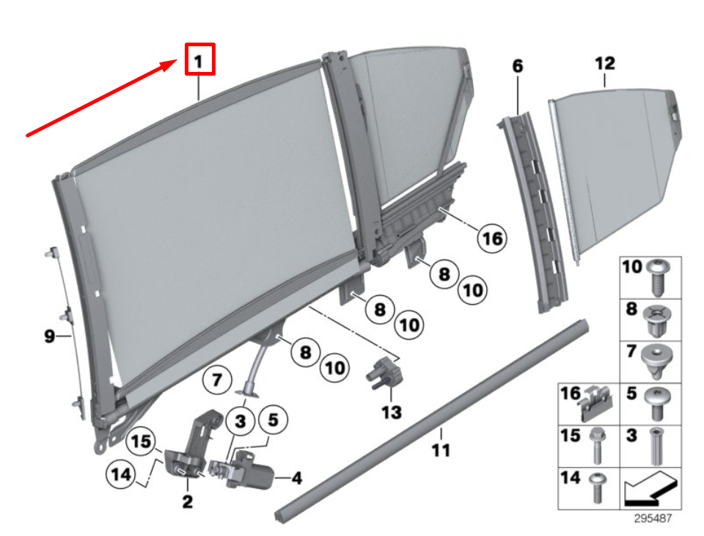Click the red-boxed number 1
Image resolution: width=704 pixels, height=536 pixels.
(x=199, y=59)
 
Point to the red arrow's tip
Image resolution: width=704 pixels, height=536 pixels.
(x=176, y=63)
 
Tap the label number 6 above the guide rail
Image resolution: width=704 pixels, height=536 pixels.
(x=518, y=66)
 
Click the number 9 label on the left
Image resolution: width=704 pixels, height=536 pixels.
(x=49, y=336)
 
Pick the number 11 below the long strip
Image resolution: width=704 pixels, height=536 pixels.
(x=440, y=449)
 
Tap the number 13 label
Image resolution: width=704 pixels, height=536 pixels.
(x=392, y=412)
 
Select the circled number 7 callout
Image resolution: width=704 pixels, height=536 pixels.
(x=217, y=380)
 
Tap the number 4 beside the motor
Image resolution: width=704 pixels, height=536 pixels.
(x=296, y=479)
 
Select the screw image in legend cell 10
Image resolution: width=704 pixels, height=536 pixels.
(x=657, y=277)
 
